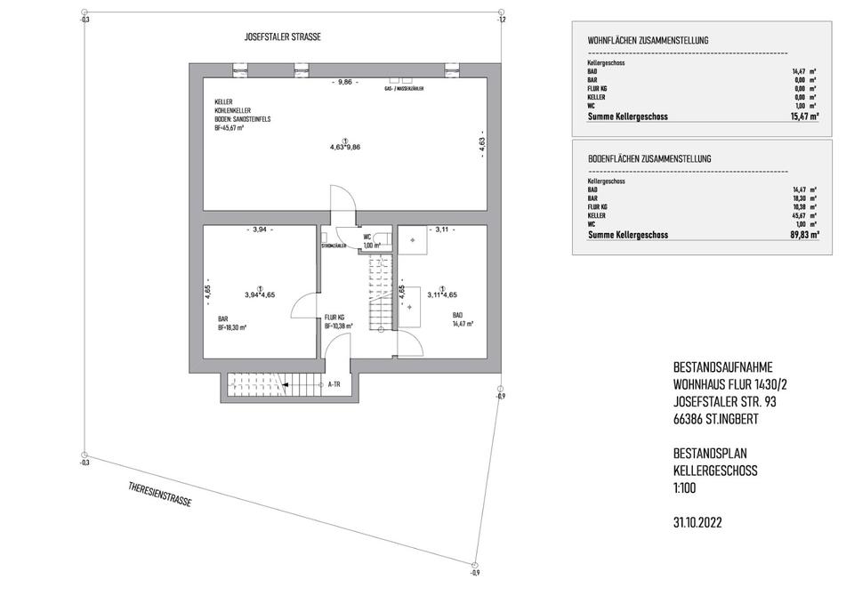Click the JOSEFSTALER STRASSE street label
[282, 37]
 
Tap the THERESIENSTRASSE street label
[160, 494]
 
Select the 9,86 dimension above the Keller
[342, 82]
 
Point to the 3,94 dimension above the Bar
[259, 230]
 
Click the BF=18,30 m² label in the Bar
[233, 327]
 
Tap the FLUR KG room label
[334, 318]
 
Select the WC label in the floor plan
[367, 237]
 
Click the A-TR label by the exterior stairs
[335, 384]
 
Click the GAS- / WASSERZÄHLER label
[403, 91]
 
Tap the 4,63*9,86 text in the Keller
[345, 147]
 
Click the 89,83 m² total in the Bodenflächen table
[805, 236]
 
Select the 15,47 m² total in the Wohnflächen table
[805, 117]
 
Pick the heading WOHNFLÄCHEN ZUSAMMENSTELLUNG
[648, 41]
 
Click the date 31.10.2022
[698, 523]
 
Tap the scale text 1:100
[687, 488]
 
